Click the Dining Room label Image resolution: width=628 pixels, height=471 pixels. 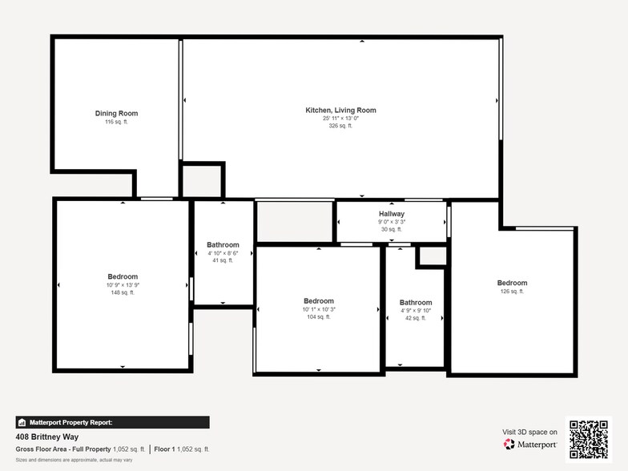[116, 114]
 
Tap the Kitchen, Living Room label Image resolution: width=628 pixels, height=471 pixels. [340, 110]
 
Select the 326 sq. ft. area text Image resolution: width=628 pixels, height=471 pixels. [340, 126]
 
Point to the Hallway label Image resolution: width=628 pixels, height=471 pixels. [392, 214]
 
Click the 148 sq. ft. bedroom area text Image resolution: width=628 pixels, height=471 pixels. [123, 292]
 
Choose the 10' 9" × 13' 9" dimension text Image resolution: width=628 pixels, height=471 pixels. [123, 284]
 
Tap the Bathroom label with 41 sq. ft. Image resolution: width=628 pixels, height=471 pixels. [223, 244]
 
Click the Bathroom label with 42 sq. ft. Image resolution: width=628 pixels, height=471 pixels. [416, 302]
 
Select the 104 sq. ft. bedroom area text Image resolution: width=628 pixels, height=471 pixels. [318, 317]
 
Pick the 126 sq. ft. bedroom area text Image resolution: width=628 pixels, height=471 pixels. [512, 292]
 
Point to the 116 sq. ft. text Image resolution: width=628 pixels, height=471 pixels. [116, 123]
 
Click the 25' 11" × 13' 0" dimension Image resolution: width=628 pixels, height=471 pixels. [340, 118]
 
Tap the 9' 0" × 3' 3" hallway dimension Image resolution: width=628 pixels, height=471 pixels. [392, 222]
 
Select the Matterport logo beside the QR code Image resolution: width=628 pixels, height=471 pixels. [530, 444]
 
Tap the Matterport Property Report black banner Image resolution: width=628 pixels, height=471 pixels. [112, 422]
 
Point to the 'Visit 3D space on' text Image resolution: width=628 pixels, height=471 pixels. [529, 432]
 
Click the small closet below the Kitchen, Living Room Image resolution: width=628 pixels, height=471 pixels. [201, 180]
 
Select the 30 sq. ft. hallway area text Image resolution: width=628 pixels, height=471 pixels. [392, 230]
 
